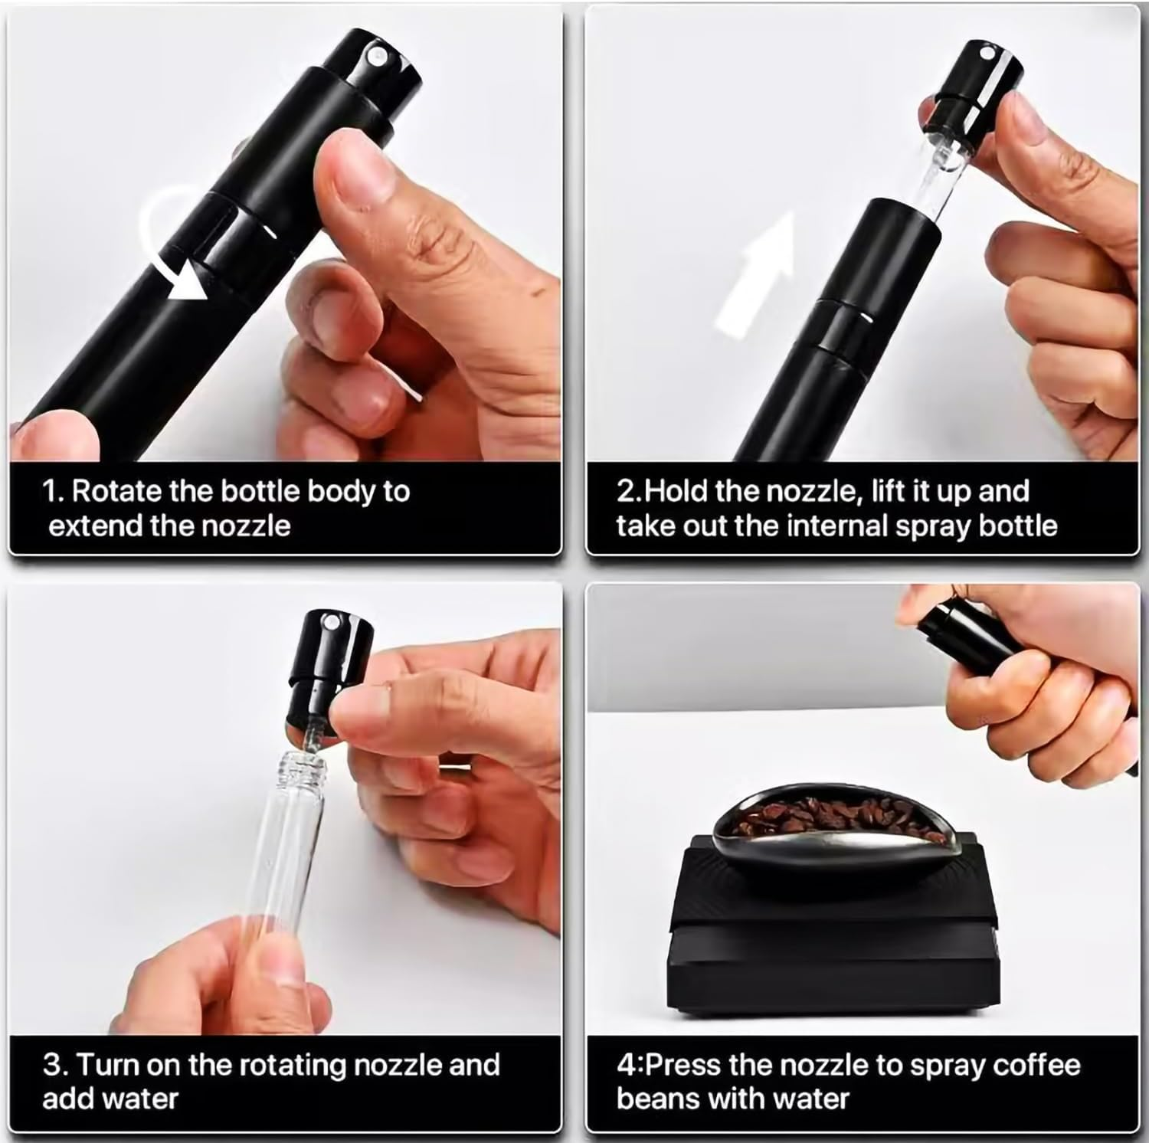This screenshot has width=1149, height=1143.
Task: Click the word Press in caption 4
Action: [683, 1065]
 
